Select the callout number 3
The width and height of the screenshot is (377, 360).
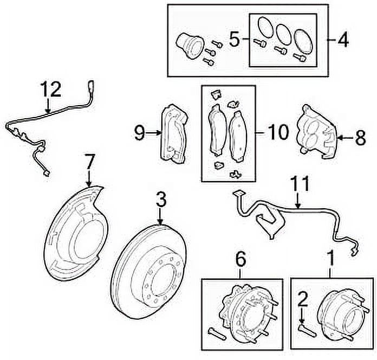click(160, 201)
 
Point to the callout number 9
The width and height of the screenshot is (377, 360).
click(140, 132)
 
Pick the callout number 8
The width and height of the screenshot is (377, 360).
click(360, 138)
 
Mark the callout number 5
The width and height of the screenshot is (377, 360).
click(234, 39)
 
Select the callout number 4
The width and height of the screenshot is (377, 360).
click(343, 39)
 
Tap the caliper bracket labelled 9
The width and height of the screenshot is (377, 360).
click(174, 133)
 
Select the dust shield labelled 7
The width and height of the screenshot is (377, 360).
click(76, 233)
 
